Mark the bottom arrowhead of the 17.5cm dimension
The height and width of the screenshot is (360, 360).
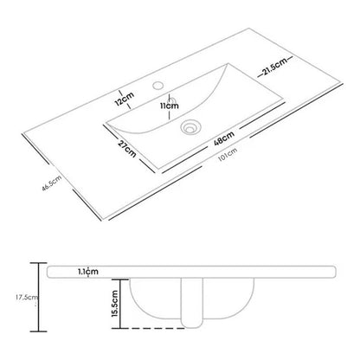point(34,332)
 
